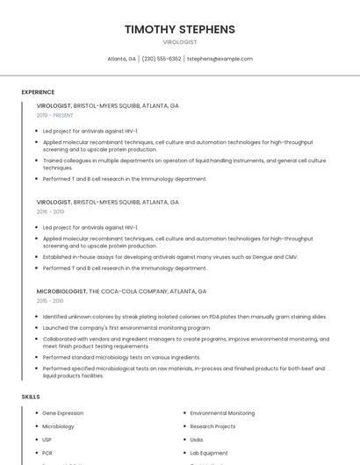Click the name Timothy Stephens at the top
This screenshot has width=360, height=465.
(x=180, y=29)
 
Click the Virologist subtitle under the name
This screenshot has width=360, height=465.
(x=180, y=42)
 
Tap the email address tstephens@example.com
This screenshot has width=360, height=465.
(x=220, y=59)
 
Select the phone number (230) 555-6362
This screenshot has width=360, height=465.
(x=162, y=59)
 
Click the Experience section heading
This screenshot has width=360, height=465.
(x=38, y=92)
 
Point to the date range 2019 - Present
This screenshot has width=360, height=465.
(x=55, y=115)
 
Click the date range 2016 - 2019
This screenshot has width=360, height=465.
(x=50, y=211)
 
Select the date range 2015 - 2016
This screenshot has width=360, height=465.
(x=50, y=301)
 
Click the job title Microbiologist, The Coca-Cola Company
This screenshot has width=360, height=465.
(x=121, y=291)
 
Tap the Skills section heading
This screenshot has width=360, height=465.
(x=31, y=397)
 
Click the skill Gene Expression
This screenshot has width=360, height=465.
(x=63, y=413)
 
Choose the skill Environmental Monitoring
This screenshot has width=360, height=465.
(x=222, y=413)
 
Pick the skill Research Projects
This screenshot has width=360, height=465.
(x=212, y=426)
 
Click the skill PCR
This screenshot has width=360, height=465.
(x=47, y=453)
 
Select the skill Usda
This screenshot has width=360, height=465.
(x=197, y=440)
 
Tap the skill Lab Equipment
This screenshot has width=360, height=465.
(x=210, y=453)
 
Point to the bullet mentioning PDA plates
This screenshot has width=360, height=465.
(x=184, y=317)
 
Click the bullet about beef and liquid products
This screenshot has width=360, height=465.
(x=184, y=372)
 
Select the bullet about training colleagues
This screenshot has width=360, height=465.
(x=184, y=164)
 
